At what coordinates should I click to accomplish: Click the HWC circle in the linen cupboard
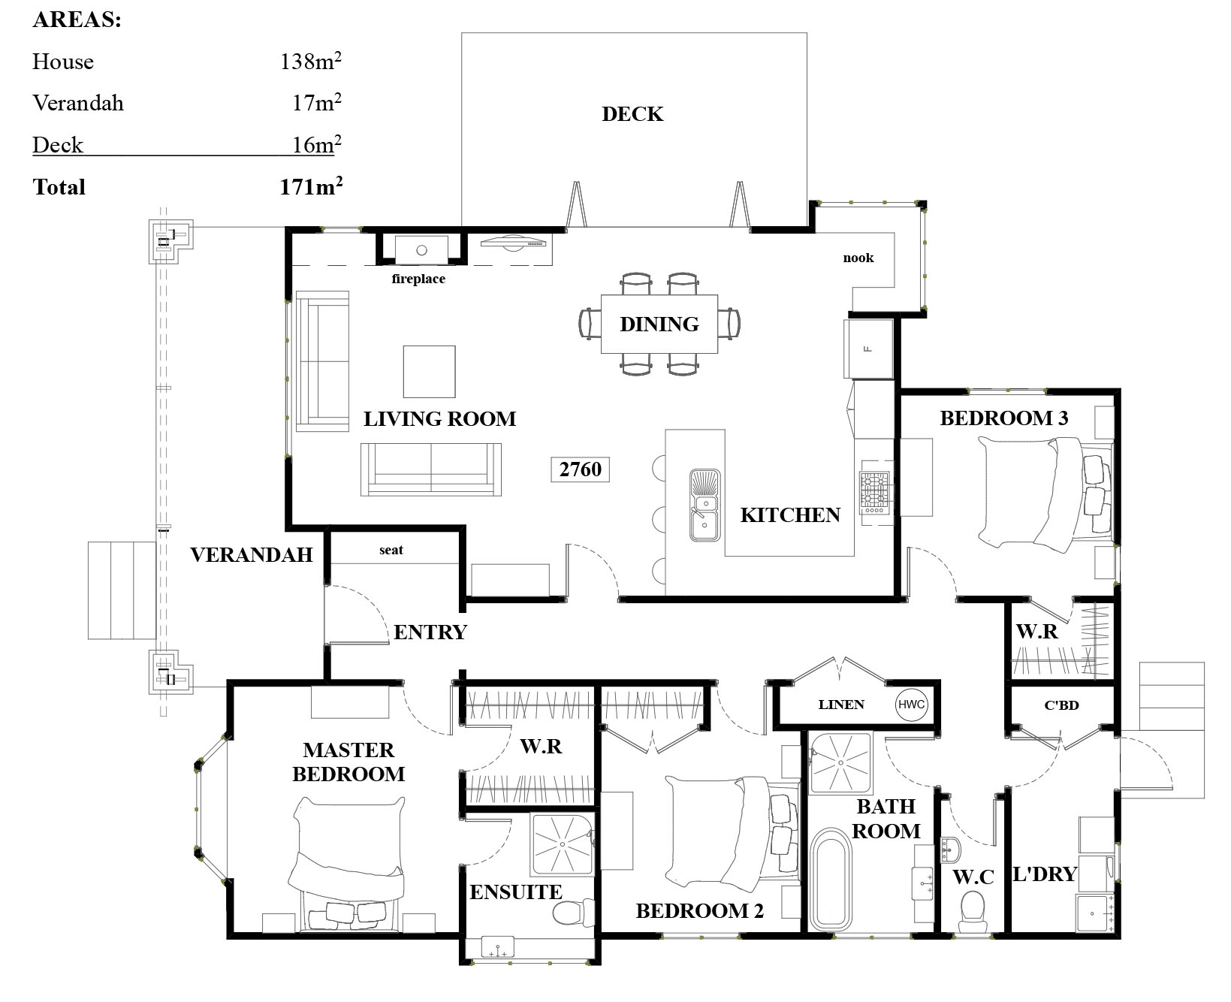point(911,705)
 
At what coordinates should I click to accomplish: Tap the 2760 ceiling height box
point(580,469)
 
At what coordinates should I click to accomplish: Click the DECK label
point(632,114)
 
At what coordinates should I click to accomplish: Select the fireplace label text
point(418,279)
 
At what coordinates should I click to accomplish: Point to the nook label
point(858,258)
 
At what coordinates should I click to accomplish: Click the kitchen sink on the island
point(705,506)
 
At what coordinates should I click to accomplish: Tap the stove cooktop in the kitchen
point(874,492)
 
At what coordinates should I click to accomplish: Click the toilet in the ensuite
point(572,913)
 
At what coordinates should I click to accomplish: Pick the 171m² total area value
point(311,186)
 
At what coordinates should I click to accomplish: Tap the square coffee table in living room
point(429,371)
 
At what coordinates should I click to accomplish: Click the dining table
point(659,324)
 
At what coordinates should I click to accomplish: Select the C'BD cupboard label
point(1061,705)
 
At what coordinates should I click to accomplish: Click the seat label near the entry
point(391,550)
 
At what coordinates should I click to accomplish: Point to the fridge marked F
point(868,349)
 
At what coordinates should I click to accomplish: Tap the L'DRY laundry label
point(1045,874)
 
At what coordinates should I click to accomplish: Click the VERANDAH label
point(251,554)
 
